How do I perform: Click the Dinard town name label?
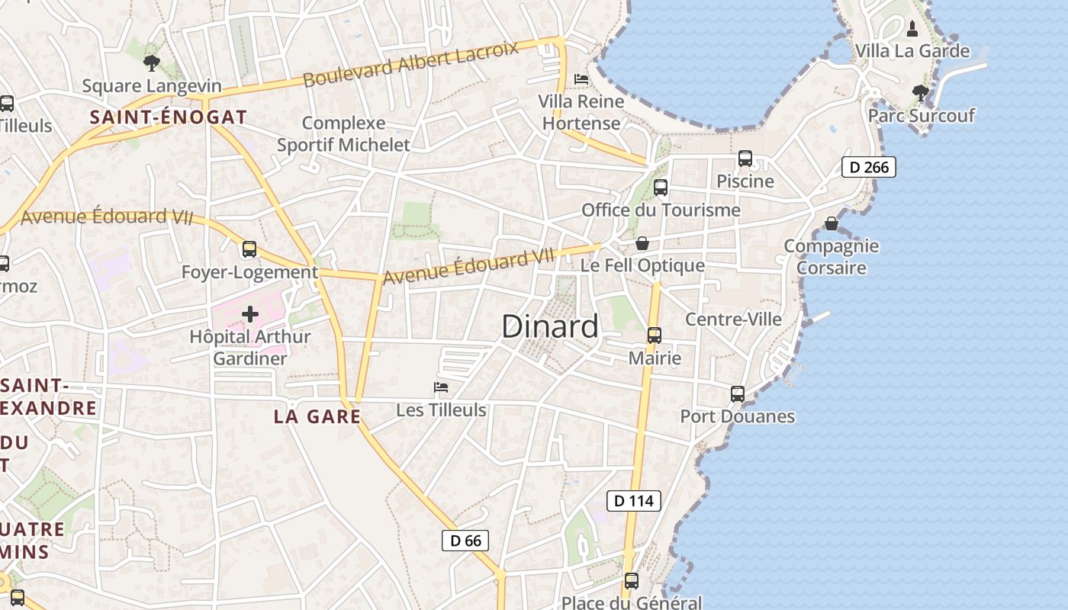click(x=550, y=326)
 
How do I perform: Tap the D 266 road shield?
click(x=868, y=167)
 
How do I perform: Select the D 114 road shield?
click(x=633, y=501)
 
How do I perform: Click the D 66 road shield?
click(x=465, y=541)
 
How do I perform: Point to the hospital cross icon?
click(x=250, y=314)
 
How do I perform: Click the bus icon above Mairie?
click(x=654, y=335)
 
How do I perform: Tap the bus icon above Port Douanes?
click(x=737, y=393)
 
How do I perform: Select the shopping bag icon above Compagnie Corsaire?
click(x=831, y=223)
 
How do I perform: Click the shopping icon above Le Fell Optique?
click(x=642, y=243)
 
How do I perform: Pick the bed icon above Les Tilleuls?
click(x=441, y=387)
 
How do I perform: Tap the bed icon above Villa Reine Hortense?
click(x=581, y=79)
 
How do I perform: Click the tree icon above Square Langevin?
click(x=152, y=63)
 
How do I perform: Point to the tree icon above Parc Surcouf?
click(x=921, y=93)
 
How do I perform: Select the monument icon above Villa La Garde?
click(x=912, y=29)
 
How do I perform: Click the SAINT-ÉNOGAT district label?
click(x=169, y=117)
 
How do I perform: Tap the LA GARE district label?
click(x=317, y=417)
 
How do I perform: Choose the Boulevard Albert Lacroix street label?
click(x=410, y=64)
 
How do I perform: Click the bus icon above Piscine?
click(x=745, y=159)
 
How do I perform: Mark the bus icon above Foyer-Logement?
click(x=249, y=249)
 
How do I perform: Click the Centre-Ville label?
click(x=733, y=319)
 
